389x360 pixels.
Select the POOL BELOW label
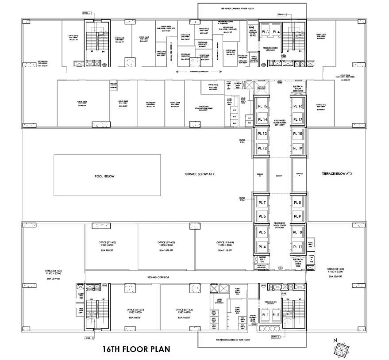[x=104, y=176]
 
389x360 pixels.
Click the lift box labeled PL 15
[x=262, y=107]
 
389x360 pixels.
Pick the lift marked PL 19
[x=297, y=148]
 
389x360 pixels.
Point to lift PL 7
[x=262, y=203]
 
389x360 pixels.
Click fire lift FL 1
[x=266, y=314]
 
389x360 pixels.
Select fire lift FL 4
[x=276, y=32]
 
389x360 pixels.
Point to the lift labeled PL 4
[x=262, y=246]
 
